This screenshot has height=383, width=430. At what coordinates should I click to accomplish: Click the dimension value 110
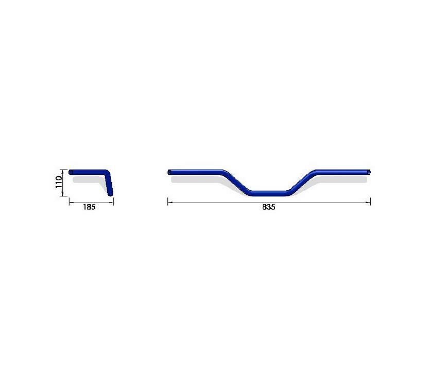tap(59, 182)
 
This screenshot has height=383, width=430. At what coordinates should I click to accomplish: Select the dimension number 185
tap(90, 207)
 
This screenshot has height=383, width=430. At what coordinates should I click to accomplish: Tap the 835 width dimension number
tap(268, 207)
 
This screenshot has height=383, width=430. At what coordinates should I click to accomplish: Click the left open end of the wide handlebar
tap(169, 172)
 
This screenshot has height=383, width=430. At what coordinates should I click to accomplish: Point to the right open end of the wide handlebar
tap(369, 172)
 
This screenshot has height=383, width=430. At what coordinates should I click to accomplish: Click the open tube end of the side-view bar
tap(71, 172)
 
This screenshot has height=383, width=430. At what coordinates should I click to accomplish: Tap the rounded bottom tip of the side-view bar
tap(110, 194)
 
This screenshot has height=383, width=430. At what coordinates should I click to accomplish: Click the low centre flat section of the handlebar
tap(269, 193)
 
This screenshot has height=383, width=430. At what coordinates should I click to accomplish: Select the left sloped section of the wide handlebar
tap(236, 182)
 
